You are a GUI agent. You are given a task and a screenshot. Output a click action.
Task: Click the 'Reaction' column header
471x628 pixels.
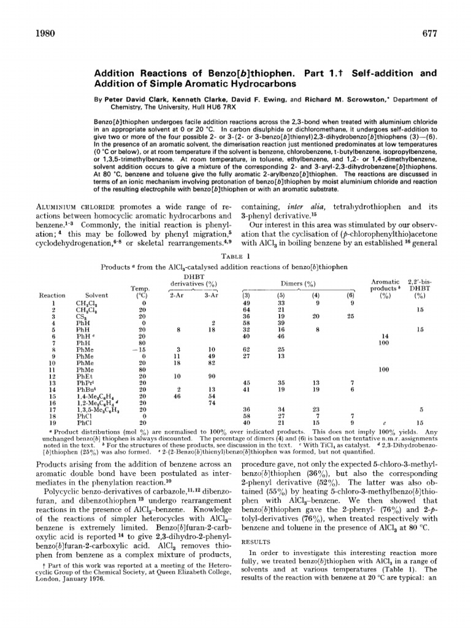[52, 295]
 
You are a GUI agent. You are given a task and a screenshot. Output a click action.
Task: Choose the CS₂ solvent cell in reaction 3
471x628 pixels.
[81, 316]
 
